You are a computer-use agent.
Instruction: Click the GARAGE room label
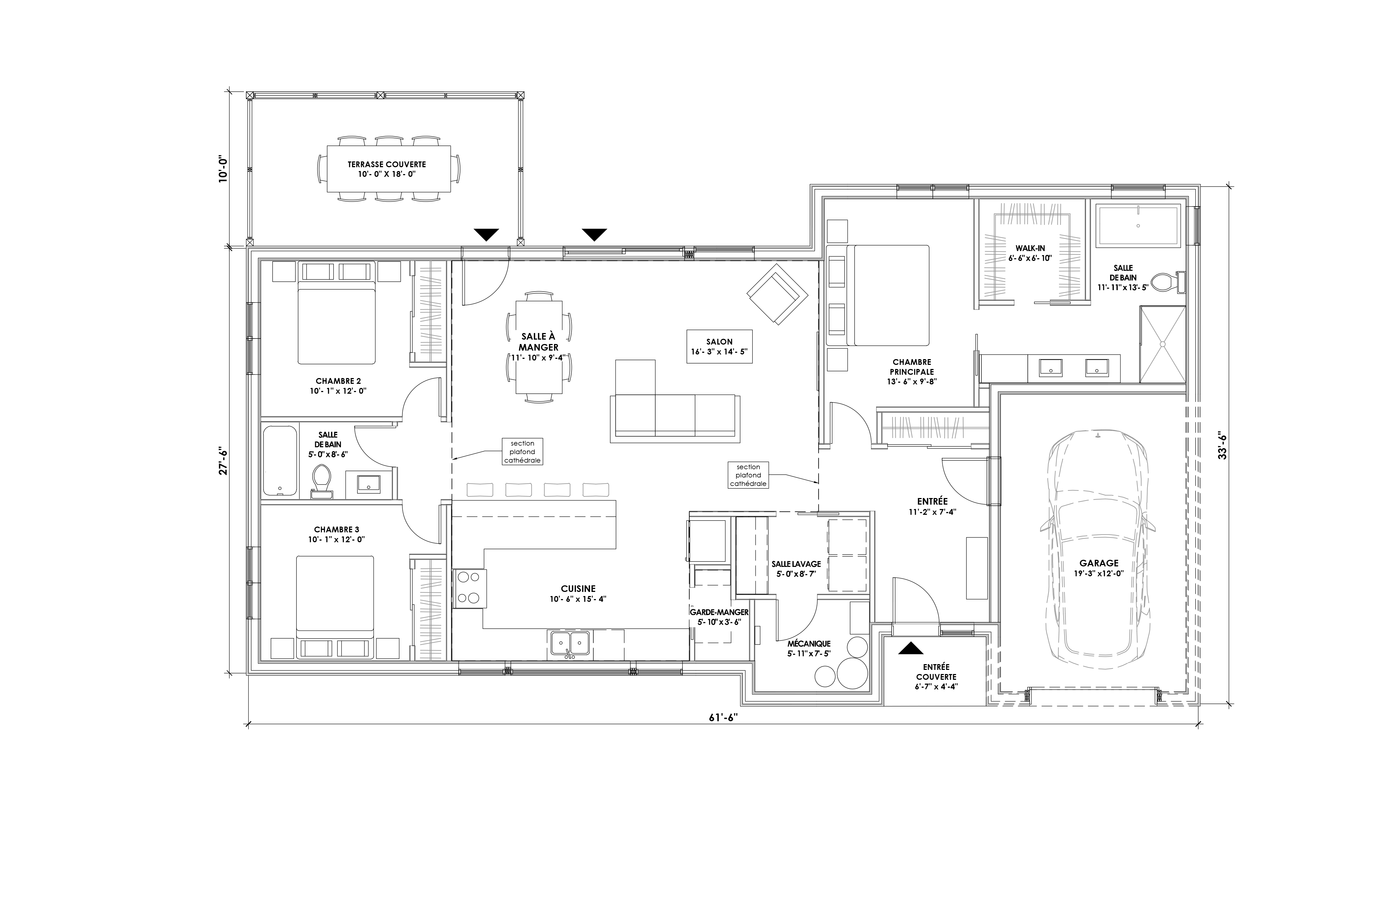point(1099,563)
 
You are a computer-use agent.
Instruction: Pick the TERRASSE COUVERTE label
point(387,165)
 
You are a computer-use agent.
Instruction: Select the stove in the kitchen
point(469,588)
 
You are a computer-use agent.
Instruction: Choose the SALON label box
point(719,346)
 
